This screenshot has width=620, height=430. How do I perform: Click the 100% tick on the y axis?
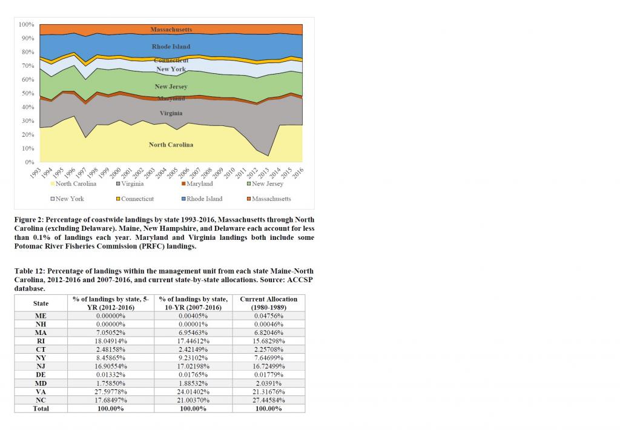pyautogui.click(x=27, y=24)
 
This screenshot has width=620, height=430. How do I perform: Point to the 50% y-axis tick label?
pyautogui.click(x=28, y=93)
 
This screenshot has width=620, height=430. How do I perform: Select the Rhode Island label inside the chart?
pyautogui.click(x=171, y=47)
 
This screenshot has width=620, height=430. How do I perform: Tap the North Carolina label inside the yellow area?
pyautogui.click(x=171, y=145)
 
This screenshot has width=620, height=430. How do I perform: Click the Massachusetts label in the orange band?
pyautogui.click(x=171, y=29)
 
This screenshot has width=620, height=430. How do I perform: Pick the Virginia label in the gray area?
pyautogui.click(x=171, y=113)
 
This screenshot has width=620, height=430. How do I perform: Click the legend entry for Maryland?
pyautogui.click(x=199, y=184)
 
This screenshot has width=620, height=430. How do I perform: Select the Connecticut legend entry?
pyautogui.click(x=137, y=199)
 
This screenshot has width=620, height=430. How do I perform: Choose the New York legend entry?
pyautogui.click(x=70, y=199)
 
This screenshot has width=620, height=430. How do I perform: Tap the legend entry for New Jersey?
pyautogui.click(x=267, y=184)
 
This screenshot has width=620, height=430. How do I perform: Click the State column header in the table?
pyautogui.click(x=41, y=303)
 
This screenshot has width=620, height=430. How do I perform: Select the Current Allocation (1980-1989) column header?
pyautogui.click(x=269, y=303)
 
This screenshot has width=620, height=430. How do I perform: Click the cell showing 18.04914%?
pyautogui.click(x=111, y=341)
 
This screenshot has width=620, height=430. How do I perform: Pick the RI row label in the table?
pyautogui.click(x=41, y=341)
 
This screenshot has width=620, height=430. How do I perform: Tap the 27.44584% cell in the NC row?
pyautogui.click(x=269, y=400)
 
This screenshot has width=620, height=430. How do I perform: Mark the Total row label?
pyautogui.click(x=41, y=409)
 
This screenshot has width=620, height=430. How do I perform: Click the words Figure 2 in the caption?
pyautogui.click(x=30, y=219)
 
